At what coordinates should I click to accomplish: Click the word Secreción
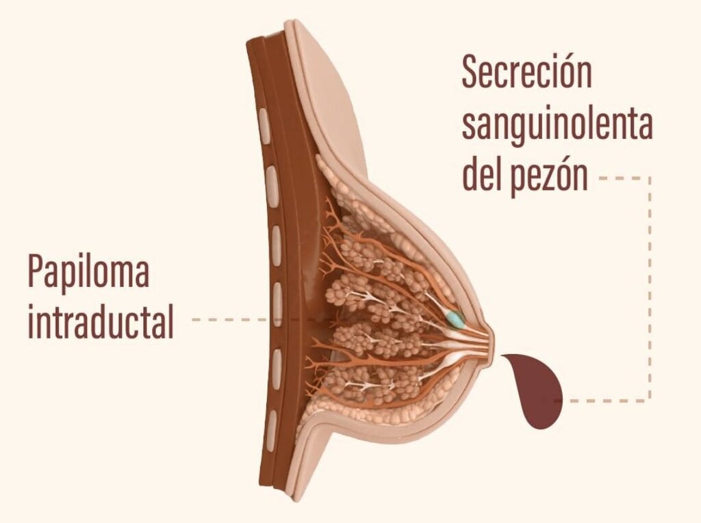[x=526, y=72]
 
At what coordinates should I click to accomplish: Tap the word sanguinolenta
[x=557, y=125]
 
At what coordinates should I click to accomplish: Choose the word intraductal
[x=101, y=320]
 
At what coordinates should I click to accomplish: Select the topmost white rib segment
[x=264, y=126]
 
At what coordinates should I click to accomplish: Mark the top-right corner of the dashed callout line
[x=650, y=178]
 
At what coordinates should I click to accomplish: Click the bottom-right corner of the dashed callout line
[x=650, y=401]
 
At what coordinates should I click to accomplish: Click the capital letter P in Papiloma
[x=36, y=271]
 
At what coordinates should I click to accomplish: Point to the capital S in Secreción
[x=470, y=72]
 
